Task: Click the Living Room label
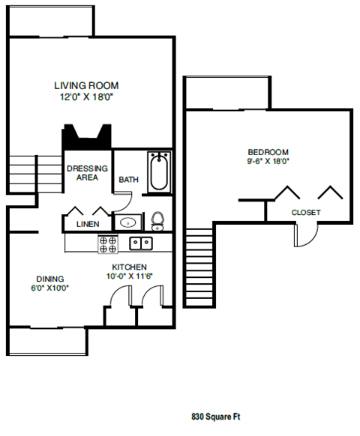pyautogui.click(x=86, y=85)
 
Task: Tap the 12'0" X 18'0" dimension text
pyautogui.click(x=87, y=97)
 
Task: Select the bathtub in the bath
pyautogui.click(x=159, y=172)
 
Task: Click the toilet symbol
pyautogui.click(x=157, y=221)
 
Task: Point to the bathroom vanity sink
pyautogui.click(x=128, y=222)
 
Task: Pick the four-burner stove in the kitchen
pyautogui.click(x=108, y=244)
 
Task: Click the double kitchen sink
pyautogui.click(x=141, y=243)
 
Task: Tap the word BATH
pyautogui.click(x=129, y=180)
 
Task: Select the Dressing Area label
pyautogui.click(x=87, y=172)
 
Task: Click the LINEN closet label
pyautogui.click(x=88, y=224)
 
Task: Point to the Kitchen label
pyautogui.click(x=130, y=267)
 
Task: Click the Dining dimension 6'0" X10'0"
pyautogui.click(x=50, y=288)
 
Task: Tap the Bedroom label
pyautogui.click(x=268, y=152)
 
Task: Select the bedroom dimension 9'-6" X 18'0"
pyautogui.click(x=268, y=161)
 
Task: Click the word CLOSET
pyautogui.click(x=306, y=213)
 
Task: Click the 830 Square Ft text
pyautogui.click(x=216, y=417)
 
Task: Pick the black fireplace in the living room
pyautogui.click(x=86, y=137)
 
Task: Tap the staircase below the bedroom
pyautogui.click(x=199, y=267)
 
